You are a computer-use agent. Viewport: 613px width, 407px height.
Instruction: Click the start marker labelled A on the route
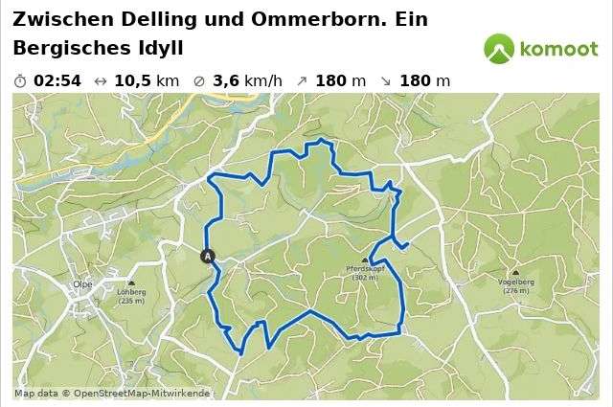pos(208,256)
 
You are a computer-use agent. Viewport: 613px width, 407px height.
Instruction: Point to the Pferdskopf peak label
pos(363,271)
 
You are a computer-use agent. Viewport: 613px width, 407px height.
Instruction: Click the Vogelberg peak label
pos(514,283)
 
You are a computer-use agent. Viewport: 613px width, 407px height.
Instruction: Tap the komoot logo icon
pos(499,48)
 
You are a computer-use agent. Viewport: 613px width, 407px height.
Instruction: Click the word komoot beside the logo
pos(559,49)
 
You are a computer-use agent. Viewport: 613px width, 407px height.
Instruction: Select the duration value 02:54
pos(57,80)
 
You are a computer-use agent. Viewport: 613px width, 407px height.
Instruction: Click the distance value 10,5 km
pos(146,80)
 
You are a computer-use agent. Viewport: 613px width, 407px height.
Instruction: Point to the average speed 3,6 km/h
pos(247,80)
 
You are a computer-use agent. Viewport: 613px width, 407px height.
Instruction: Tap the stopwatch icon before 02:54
pos(21,80)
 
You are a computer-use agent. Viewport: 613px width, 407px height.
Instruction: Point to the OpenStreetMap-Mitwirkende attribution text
pos(141,393)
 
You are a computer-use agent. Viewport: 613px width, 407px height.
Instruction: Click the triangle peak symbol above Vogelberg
pos(514,273)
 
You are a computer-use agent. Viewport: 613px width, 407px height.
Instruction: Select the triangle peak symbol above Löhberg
pos(131,281)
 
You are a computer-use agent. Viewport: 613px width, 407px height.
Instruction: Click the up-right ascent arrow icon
pos(302,80)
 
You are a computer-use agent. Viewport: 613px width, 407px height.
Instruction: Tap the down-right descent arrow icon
pos(385,80)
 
